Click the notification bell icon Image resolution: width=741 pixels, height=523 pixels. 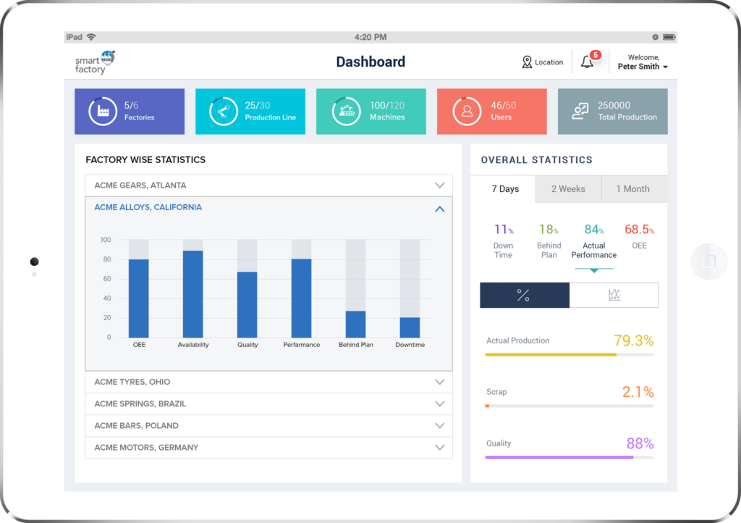(x=588, y=62)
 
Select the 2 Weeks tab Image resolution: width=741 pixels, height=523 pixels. (x=568, y=189)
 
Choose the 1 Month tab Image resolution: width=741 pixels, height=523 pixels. (x=632, y=189)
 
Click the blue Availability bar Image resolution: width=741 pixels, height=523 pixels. (x=193, y=294)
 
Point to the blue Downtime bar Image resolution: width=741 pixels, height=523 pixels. (x=410, y=327)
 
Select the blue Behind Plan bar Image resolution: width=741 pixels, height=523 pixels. (x=355, y=324)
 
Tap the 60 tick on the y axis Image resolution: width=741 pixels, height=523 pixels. (x=106, y=279)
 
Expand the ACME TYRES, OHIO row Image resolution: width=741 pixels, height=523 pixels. (x=268, y=382)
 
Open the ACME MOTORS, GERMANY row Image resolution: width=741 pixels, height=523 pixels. (x=268, y=448)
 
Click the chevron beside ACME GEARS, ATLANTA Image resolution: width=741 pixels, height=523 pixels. (x=439, y=185)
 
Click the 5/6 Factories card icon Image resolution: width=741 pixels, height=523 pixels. (x=103, y=112)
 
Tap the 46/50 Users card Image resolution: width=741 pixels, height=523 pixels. (x=491, y=112)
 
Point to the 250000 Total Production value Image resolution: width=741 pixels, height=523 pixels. (x=614, y=106)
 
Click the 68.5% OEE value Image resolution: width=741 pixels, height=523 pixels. (x=639, y=230)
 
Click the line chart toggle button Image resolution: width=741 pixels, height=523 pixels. (x=614, y=295)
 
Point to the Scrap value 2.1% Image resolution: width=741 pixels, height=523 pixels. (x=638, y=392)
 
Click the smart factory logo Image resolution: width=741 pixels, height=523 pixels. (x=95, y=62)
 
